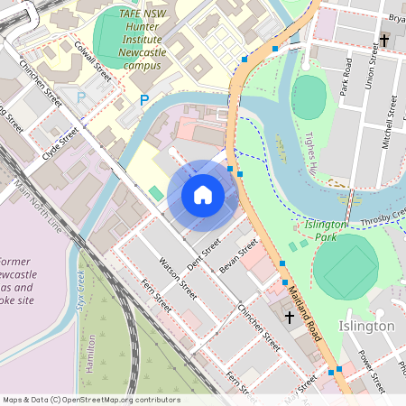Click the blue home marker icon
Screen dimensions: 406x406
click(203, 194)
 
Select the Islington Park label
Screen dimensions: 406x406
click(326, 230)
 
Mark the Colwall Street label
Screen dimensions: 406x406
click(94, 61)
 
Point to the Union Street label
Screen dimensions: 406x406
click(368, 69)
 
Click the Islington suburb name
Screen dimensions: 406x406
click(366, 325)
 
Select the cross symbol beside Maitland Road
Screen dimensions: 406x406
click(290, 318)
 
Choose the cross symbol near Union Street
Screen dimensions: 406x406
click(383, 41)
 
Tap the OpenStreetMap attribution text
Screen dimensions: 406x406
click(91, 400)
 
